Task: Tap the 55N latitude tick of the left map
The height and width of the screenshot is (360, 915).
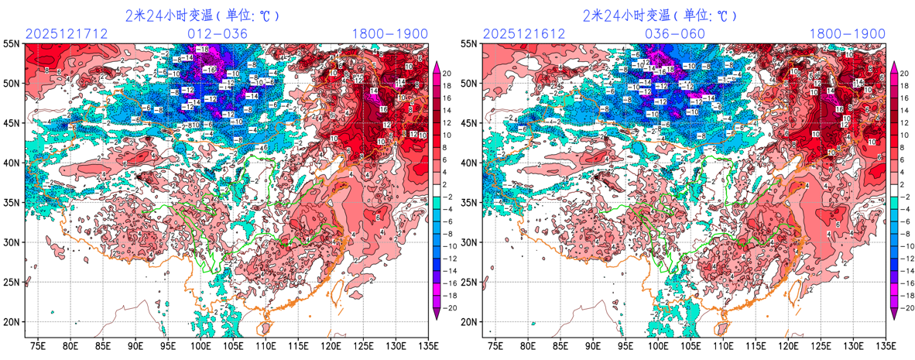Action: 13,44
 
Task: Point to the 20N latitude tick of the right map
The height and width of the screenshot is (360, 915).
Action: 469,322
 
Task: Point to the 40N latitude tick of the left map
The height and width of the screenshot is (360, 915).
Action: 13,163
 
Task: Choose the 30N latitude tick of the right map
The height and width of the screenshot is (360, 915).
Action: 469,242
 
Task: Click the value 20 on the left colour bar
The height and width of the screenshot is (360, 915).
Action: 447,74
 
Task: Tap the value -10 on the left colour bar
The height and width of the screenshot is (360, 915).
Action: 449,246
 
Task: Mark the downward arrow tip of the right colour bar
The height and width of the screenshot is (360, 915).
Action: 893,317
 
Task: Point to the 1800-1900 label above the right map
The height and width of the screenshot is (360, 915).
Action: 848,33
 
